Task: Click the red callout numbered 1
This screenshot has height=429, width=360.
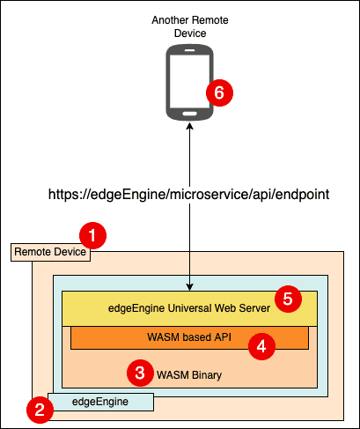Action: coord(92,235)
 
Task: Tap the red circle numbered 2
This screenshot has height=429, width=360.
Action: coord(40,410)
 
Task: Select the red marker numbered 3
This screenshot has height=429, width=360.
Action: coord(140,373)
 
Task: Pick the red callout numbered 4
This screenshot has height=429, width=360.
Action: coord(261,346)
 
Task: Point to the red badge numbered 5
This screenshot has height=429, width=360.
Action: coord(288,299)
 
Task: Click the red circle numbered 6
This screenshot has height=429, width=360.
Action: coord(219,92)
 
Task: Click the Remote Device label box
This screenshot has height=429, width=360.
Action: coord(50,252)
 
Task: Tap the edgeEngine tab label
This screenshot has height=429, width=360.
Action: coord(100,402)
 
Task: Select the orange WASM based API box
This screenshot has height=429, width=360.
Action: coord(189,337)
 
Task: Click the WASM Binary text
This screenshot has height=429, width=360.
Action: coord(189,375)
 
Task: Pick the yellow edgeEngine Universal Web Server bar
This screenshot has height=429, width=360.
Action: coord(189,308)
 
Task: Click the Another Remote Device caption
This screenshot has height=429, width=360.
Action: coord(190,26)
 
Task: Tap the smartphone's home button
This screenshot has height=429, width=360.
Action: coord(190,114)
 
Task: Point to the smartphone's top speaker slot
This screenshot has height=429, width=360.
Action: coord(190,50)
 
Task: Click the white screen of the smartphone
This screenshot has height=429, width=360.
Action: coord(189,81)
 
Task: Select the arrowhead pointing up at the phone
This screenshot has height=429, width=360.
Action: coord(190,126)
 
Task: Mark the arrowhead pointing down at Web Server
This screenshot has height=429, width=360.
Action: coord(190,287)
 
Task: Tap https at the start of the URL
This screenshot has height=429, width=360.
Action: coord(63,195)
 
